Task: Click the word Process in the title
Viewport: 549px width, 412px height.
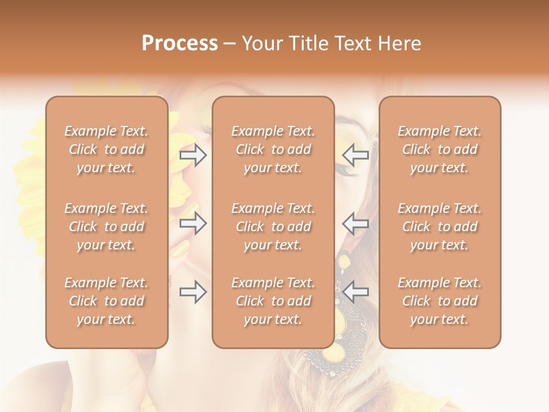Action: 180,43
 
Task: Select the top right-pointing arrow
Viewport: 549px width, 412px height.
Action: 193,155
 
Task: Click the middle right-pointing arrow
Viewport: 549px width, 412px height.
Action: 193,223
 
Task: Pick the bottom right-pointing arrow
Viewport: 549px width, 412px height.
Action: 193,292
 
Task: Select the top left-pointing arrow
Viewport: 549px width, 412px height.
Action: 356,155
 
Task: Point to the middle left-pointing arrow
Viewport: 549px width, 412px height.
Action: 356,223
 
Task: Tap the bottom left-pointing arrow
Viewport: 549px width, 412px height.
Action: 356,292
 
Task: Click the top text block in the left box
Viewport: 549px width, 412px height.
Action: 106,149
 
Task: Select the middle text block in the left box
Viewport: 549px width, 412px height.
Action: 106,227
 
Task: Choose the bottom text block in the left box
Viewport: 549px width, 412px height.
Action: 106,301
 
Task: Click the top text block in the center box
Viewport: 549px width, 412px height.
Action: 273,149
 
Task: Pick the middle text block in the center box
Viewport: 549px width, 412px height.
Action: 273,227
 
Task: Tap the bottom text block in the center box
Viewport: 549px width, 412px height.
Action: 273,301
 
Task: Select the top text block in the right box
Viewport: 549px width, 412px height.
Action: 440,149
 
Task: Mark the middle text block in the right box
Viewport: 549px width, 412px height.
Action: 440,227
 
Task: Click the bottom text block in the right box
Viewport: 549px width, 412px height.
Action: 440,301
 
